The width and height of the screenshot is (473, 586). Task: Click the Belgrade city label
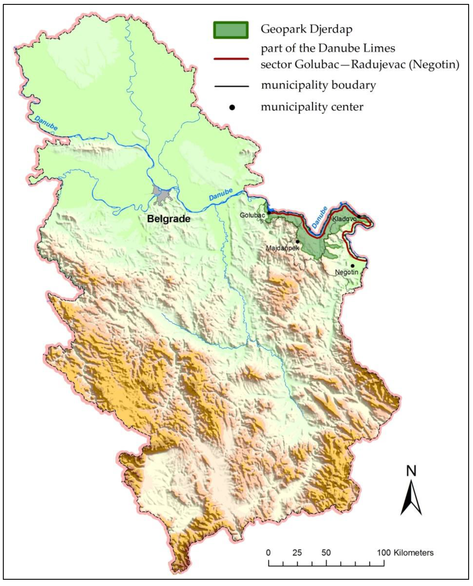(168, 219)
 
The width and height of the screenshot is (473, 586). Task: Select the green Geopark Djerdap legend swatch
(231, 30)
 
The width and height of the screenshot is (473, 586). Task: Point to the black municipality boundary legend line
(232, 87)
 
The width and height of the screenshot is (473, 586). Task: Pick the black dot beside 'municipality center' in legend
(232, 107)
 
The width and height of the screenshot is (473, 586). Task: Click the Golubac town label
(252, 215)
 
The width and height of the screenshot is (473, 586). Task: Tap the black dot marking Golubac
(269, 213)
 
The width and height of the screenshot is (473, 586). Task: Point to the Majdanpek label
(282, 248)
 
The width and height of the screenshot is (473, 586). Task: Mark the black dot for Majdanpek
(298, 241)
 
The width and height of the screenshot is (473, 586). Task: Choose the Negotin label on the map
(346, 272)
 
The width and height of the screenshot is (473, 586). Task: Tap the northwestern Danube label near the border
(46, 123)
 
